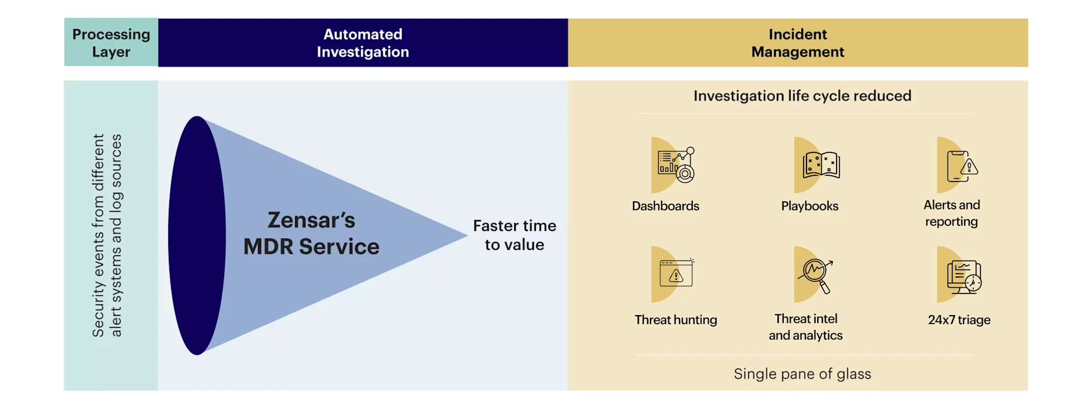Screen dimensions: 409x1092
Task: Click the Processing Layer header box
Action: point(111,43)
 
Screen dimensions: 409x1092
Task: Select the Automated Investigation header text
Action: point(363,43)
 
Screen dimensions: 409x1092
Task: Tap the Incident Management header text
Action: point(797,43)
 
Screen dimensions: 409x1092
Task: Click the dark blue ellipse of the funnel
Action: point(196,236)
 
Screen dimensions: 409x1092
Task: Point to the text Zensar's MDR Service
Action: point(311,233)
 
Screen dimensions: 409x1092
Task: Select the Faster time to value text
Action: point(514,235)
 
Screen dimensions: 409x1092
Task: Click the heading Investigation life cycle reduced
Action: point(802,96)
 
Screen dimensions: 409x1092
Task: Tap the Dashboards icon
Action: point(675,165)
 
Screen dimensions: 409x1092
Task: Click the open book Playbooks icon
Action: point(821,165)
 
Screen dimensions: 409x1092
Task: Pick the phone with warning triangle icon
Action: point(961,166)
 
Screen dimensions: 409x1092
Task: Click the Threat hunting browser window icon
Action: point(676,274)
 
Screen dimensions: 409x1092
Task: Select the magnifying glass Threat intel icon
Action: point(816,275)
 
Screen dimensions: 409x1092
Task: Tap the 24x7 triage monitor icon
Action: point(963,276)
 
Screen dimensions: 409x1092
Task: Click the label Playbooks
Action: point(809,206)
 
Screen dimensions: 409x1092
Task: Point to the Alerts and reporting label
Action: point(952,213)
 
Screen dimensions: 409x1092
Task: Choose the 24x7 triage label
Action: point(959,320)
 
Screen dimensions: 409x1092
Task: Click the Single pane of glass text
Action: point(802,374)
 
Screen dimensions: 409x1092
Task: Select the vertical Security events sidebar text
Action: point(107,236)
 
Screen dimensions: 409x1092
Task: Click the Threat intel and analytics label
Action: point(805,327)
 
